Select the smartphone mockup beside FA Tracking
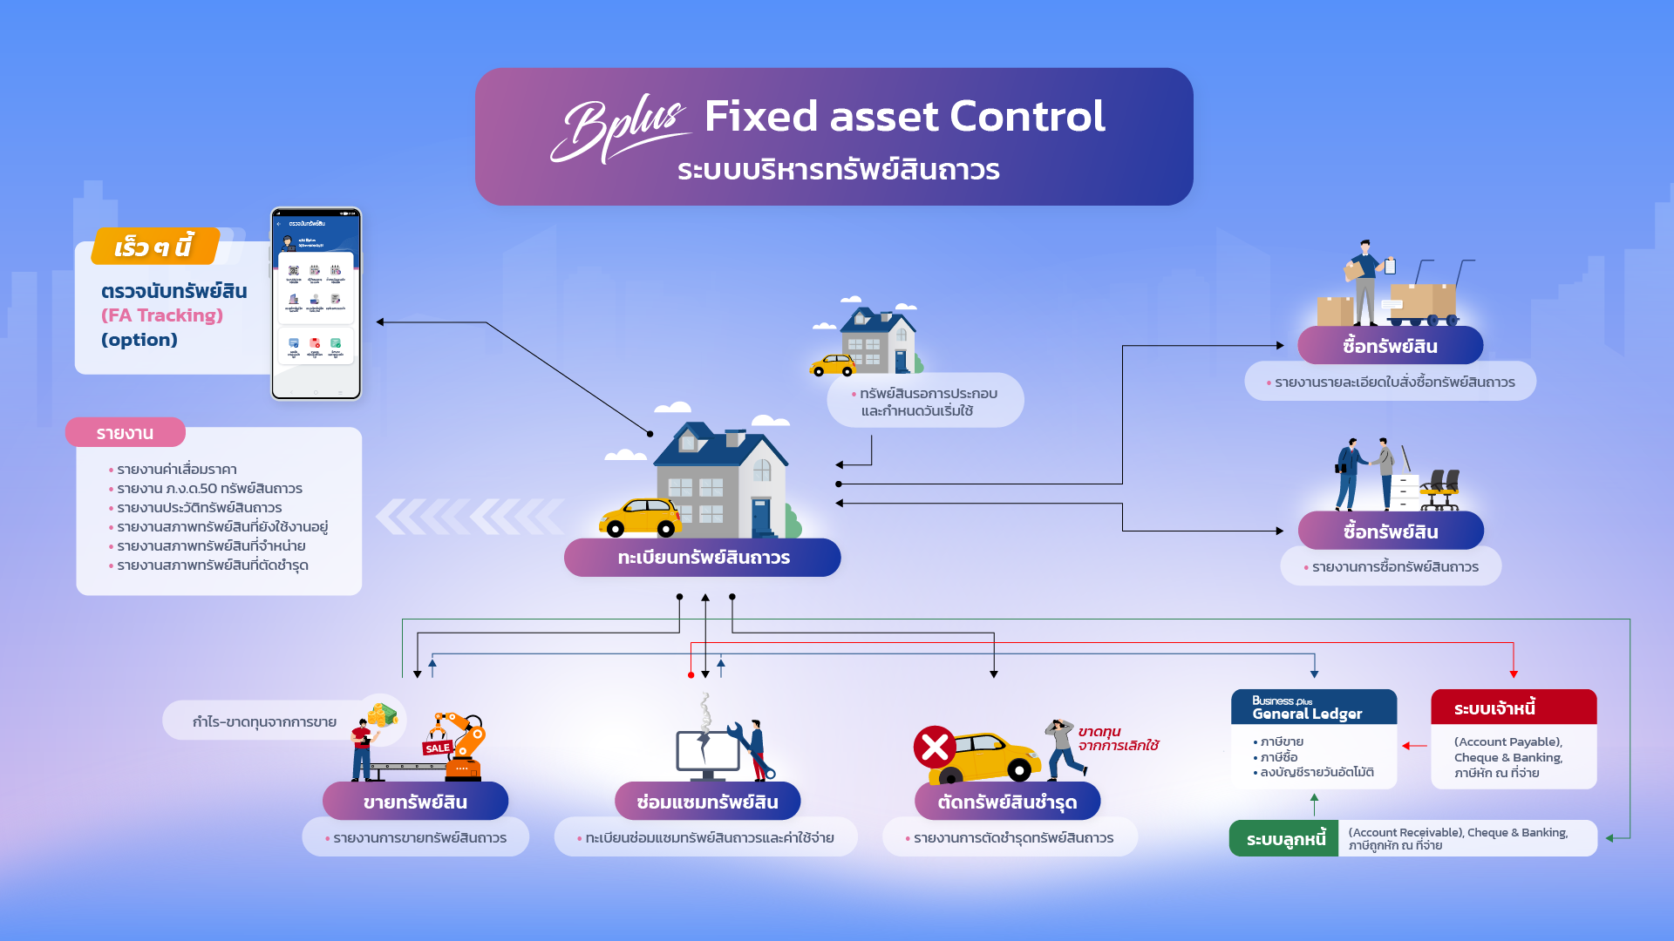pos(316,303)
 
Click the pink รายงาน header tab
pos(125,433)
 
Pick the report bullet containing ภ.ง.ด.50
pos(209,489)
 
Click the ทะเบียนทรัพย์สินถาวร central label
pos(703,558)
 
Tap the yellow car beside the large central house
pos(641,518)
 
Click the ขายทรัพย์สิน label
pos(415,802)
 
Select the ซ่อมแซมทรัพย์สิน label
pos(707,802)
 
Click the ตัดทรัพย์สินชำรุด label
pos(1007,802)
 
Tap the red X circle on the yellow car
pos(935,747)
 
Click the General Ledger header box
pos(1313,707)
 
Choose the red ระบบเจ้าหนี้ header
pos(1513,707)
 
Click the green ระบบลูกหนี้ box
pos(1283,839)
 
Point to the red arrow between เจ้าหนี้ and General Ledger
pos(1414,746)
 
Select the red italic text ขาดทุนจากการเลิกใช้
pos(1118,738)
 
